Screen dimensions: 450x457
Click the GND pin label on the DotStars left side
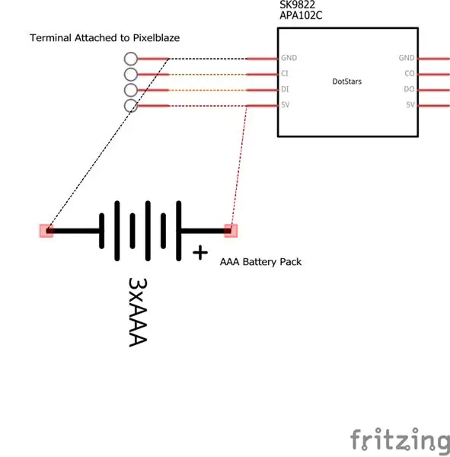(x=289, y=58)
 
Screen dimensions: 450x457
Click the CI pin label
(x=285, y=74)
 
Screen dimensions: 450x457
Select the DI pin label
(x=285, y=89)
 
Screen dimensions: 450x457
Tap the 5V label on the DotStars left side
(x=286, y=105)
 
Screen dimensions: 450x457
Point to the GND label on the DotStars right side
(x=407, y=58)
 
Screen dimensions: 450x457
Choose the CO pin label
(x=410, y=74)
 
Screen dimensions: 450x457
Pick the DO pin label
(x=409, y=89)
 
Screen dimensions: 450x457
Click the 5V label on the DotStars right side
(x=410, y=105)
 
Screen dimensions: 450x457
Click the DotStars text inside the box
(x=346, y=81)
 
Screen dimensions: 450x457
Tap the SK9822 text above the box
(x=297, y=5)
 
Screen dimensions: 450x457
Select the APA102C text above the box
(x=301, y=15)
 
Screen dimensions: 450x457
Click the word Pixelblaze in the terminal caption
(x=156, y=38)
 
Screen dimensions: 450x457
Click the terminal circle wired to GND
(x=131, y=59)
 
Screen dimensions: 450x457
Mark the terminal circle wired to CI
(x=131, y=75)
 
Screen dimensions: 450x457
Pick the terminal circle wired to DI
(x=131, y=91)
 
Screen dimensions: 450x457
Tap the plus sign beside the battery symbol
(x=200, y=253)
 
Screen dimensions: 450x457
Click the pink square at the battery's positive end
(x=231, y=231)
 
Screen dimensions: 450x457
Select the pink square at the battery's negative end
(x=46, y=231)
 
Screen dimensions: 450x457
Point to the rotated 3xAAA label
(x=138, y=312)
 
